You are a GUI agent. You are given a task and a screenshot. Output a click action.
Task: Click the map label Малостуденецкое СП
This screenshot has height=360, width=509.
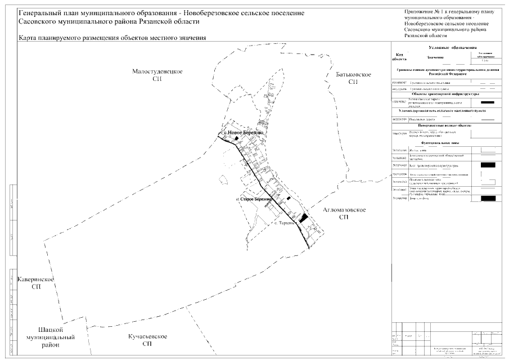[x=157, y=76]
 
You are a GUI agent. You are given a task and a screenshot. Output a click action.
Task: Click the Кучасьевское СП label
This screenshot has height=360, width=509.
[x=147, y=340]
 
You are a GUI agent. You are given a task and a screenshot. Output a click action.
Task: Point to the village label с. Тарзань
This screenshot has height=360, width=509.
[x=285, y=223]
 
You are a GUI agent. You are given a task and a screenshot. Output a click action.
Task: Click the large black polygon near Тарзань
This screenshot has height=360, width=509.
[x=304, y=218]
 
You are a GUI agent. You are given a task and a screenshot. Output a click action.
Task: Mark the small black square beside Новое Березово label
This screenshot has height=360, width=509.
[x=221, y=133]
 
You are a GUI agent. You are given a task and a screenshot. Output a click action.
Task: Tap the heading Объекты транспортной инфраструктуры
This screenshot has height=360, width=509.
[x=445, y=94]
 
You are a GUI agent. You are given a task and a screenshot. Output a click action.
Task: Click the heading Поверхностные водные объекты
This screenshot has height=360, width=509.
[x=445, y=126]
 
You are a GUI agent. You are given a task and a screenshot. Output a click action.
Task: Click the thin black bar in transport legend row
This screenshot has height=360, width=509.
[x=488, y=102]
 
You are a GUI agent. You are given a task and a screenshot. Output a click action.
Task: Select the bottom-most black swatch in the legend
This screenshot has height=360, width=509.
[x=488, y=198]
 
